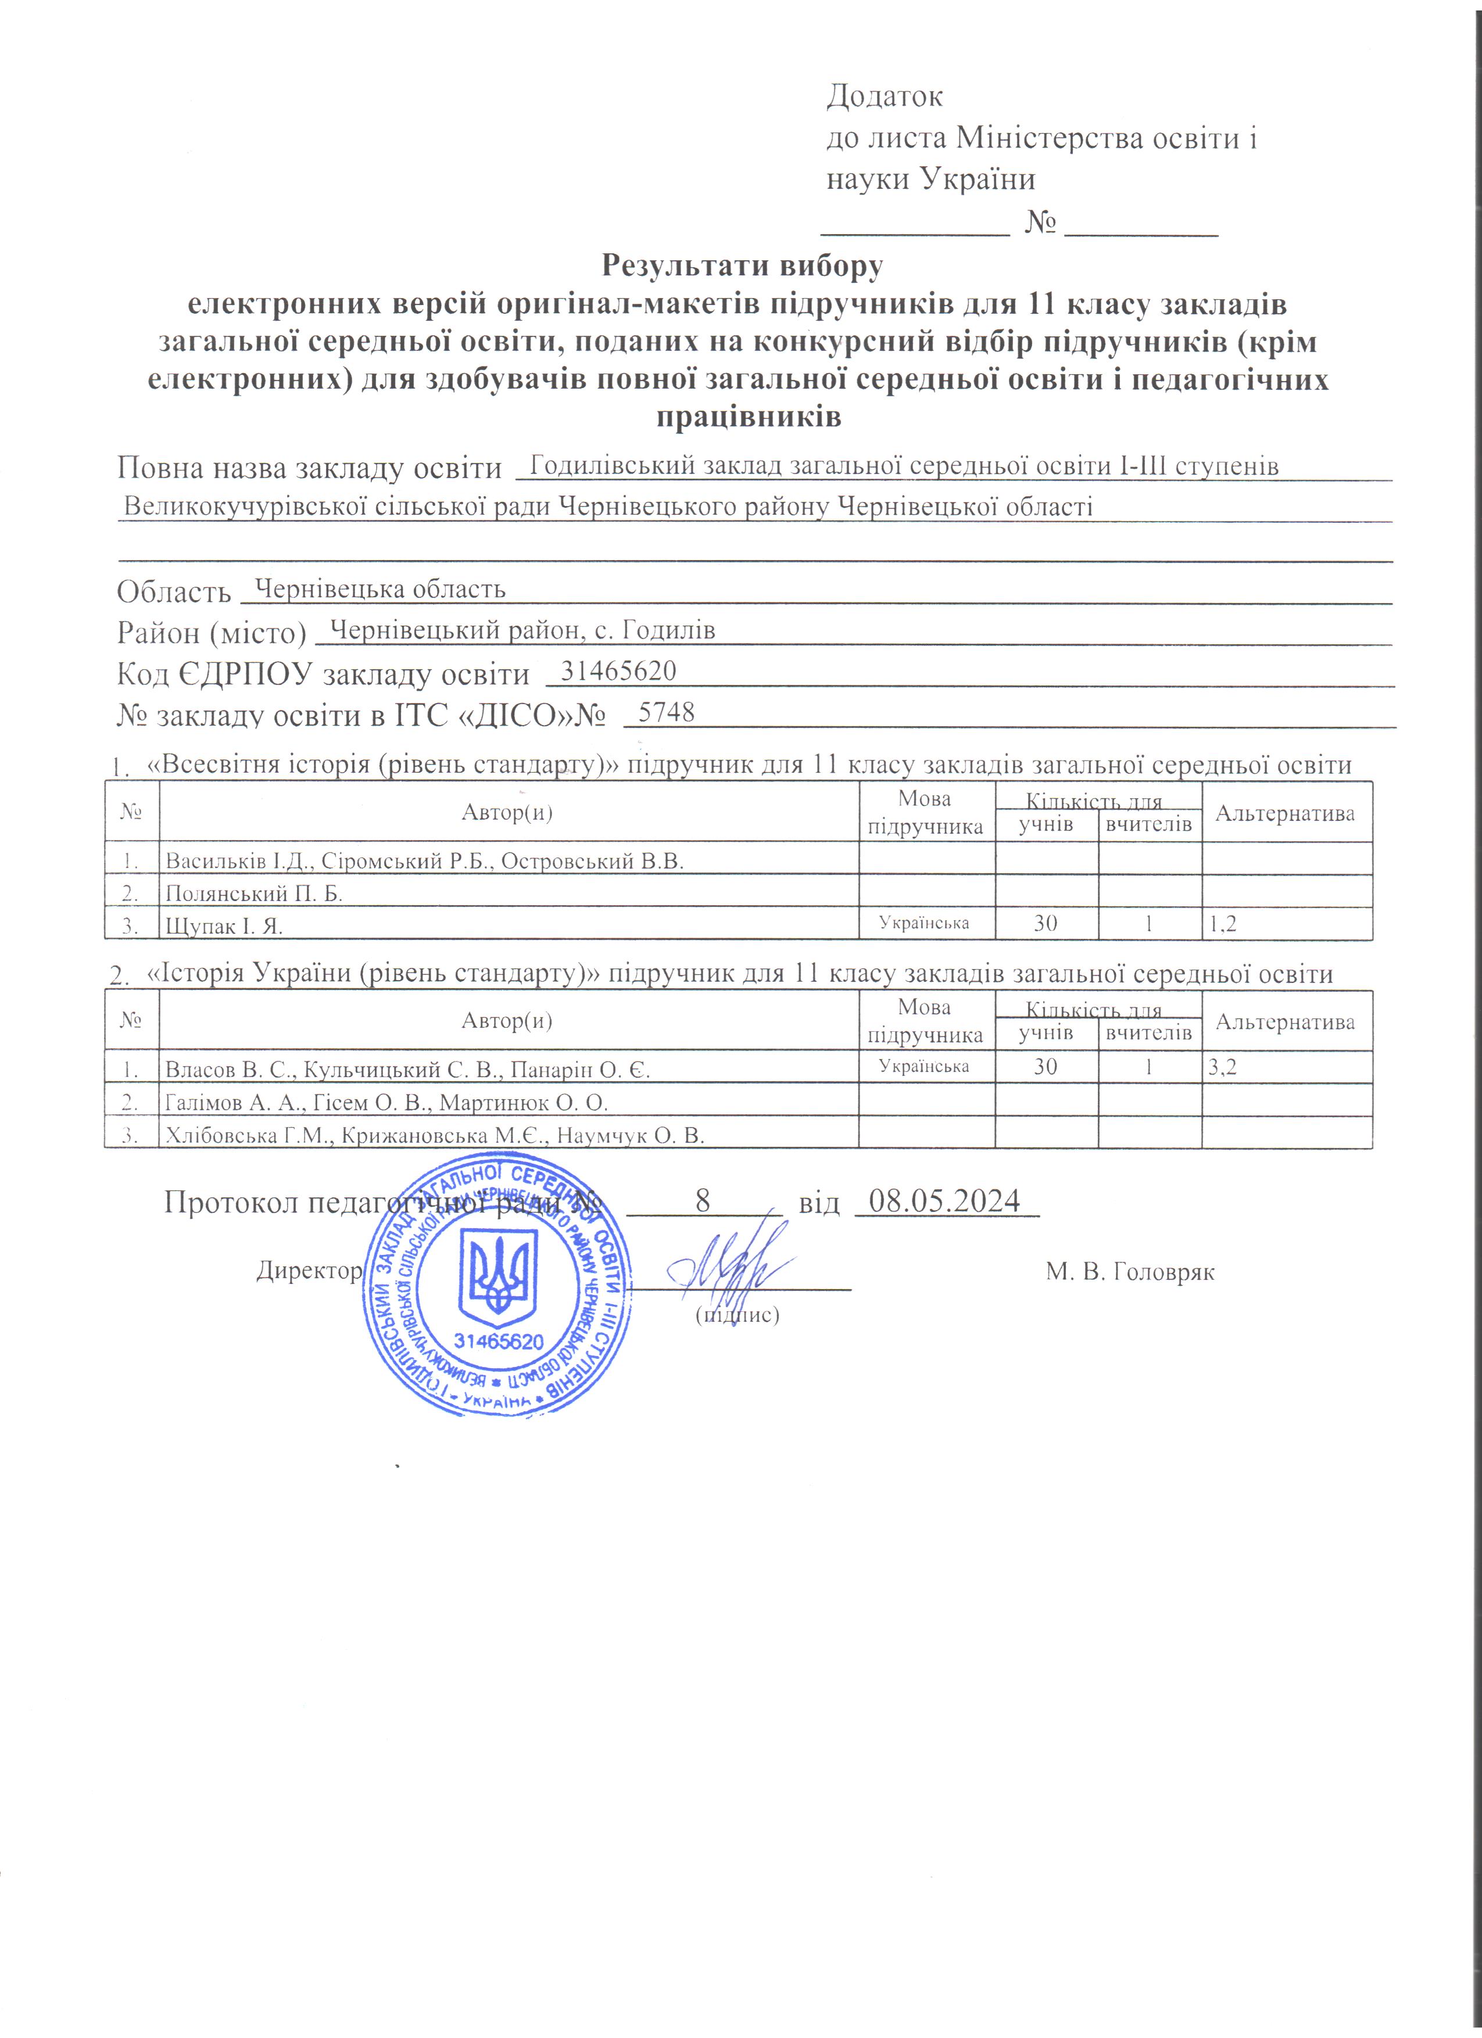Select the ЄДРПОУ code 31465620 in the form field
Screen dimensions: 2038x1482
618,671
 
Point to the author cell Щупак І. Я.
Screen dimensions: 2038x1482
224,925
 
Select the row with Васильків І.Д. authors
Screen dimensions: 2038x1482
424,861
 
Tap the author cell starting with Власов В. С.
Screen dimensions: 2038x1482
407,1070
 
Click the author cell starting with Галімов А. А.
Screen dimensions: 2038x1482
386,1103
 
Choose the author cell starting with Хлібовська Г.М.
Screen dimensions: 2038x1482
434,1136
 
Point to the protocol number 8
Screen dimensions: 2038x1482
704,1200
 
